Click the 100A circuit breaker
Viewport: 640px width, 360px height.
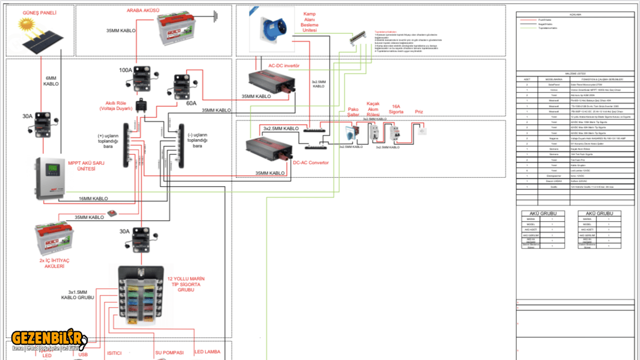click(141, 78)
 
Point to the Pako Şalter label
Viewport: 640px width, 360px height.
click(353, 112)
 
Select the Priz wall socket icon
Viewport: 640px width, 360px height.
click(422, 130)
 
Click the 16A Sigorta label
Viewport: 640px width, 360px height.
click(395, 109)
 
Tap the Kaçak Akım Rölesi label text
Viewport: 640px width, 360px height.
click(373, 109)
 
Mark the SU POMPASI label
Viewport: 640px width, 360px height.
click(169, 353)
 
